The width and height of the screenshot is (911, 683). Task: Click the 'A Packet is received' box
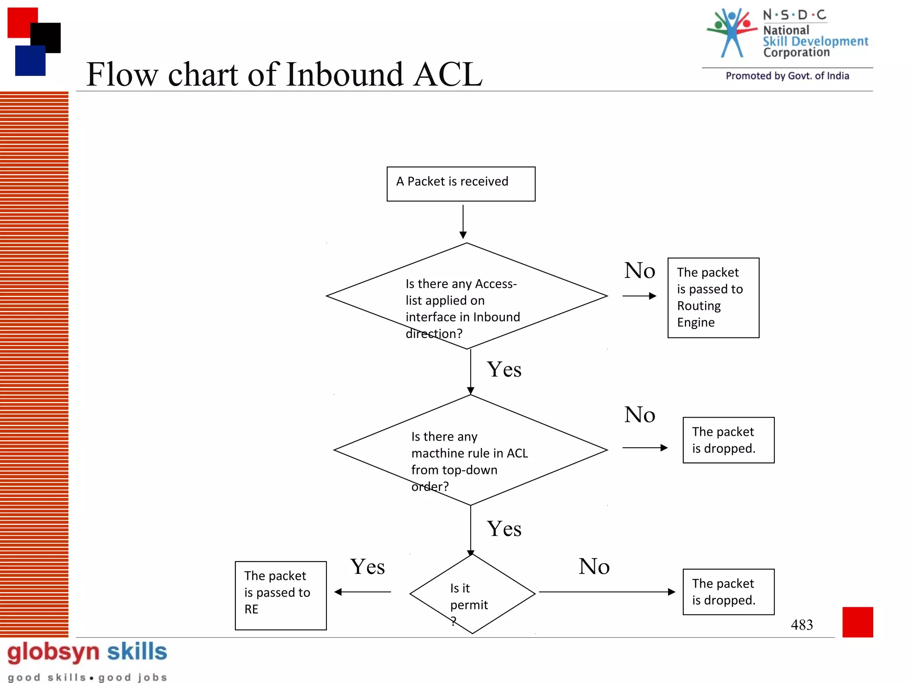(461, 184)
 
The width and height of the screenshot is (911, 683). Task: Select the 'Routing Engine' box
(713, 297)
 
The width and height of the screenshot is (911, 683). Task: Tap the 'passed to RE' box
(281, 595)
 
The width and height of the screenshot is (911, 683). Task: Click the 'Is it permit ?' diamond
(472, 594)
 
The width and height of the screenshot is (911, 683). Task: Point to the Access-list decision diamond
(467, 296)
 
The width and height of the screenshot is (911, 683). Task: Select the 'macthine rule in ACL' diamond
(470, 450)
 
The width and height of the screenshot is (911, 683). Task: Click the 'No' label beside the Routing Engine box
(639, 271)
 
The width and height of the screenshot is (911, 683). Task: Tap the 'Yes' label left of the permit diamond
(367, 567)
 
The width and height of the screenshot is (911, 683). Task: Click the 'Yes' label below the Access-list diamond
(504, 370)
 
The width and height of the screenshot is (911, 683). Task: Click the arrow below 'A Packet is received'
(463, 221)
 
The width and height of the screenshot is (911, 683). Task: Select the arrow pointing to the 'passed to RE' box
(363, 592)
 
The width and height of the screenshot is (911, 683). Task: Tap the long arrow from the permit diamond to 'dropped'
(607, 592)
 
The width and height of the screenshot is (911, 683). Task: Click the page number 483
(802, 625)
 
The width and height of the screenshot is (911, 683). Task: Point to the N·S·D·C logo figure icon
(731, 32)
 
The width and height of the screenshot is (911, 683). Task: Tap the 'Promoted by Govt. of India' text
(787, 76)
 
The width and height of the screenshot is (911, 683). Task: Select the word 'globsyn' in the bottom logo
(53, 652)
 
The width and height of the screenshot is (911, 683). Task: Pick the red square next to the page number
(857, 622)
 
